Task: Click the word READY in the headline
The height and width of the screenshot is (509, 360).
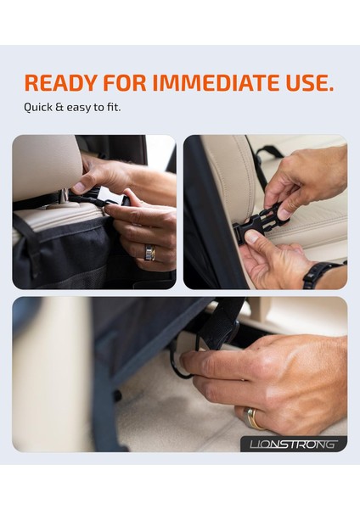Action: point(60,83)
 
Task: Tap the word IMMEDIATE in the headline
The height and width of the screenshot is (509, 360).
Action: point(216,83)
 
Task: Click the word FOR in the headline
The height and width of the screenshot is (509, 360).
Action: point(125,83)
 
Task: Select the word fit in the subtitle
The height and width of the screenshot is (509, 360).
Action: point(114,107)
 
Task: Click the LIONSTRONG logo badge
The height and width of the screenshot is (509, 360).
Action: point(294,444)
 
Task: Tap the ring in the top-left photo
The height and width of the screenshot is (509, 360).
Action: point(149,253)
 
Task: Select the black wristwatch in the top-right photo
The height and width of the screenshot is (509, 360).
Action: point(320,273)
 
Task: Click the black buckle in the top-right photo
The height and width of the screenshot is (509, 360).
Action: point(261,221)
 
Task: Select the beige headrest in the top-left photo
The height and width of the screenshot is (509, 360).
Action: point(46,166)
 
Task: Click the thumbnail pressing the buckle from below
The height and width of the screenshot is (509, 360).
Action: point(252,237)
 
